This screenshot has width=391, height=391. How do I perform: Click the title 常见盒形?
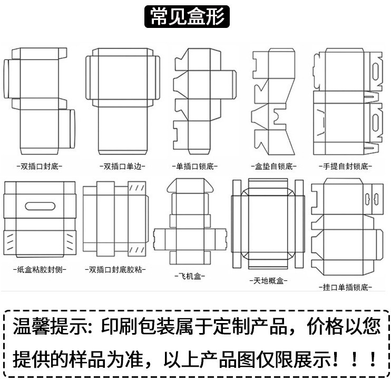tap(188, 16)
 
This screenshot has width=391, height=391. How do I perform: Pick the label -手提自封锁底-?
tap(346, 166)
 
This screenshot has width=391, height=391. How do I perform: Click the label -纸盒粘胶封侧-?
tap(39, 269)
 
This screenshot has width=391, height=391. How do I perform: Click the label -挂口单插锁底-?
tap(346, 287)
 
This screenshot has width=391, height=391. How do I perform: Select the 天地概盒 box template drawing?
tap(267, 224)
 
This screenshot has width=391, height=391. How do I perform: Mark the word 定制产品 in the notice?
tap(256, 327)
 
